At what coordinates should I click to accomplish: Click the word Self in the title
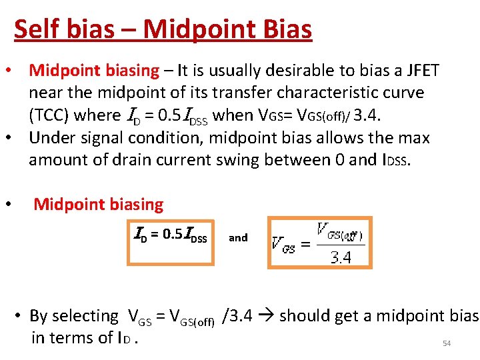click(x=33, y=29)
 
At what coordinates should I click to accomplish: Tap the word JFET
click(x=417, y=71)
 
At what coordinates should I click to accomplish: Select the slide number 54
click(x=447, y=344)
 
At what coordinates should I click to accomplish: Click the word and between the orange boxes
click(x=238, y=237)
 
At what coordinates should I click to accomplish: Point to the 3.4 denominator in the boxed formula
click(x=341, y=257)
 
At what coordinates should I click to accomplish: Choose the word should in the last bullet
click(x=303, y=315)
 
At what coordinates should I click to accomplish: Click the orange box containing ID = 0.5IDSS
click(x=171, y=241)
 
